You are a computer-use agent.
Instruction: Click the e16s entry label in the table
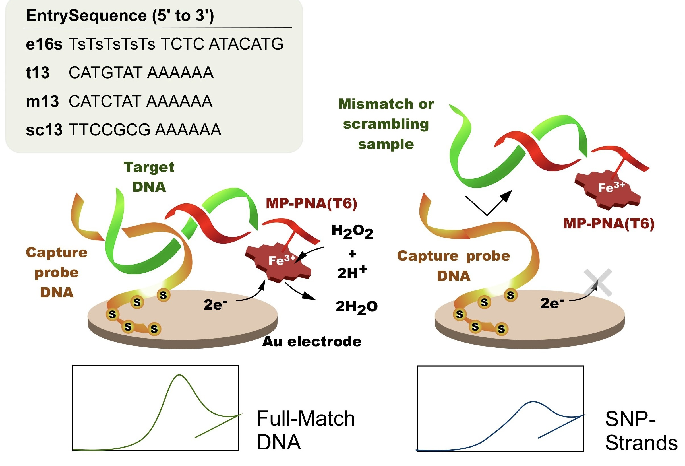tap(44, 44)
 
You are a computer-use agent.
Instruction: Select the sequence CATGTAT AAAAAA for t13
tap(141, 73)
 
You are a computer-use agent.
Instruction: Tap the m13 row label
tap(42, 102)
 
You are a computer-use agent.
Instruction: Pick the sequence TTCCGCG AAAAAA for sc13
tap(145, 130)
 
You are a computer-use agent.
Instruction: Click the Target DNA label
tap(149, 177)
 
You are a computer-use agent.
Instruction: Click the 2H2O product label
tap(356, 307)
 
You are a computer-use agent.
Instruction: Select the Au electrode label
tap(312, 342)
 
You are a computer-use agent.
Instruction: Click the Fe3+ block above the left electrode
tap(279, 261)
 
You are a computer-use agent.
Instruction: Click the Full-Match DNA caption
tap(306, 430)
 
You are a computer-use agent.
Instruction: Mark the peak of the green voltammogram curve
tap(179, 375)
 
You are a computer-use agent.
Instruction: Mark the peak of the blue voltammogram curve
tap(533, 402)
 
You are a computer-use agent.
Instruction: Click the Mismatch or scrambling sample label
tap(386, 124)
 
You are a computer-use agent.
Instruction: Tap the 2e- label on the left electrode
tap(215, 304)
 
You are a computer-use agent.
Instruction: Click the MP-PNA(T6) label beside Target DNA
tap(311, 203)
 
